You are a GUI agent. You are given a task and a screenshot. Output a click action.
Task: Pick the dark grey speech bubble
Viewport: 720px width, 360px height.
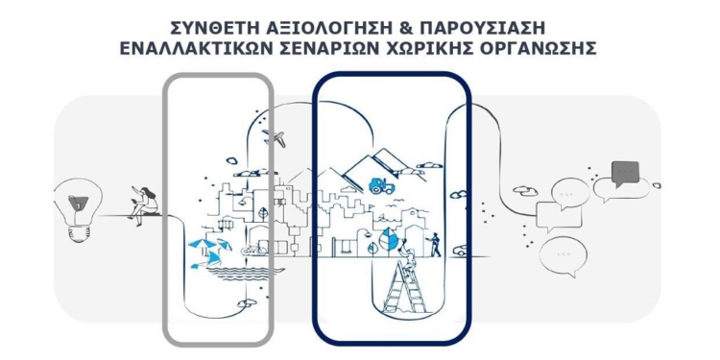pyautogui.click(x=624, y=173)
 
